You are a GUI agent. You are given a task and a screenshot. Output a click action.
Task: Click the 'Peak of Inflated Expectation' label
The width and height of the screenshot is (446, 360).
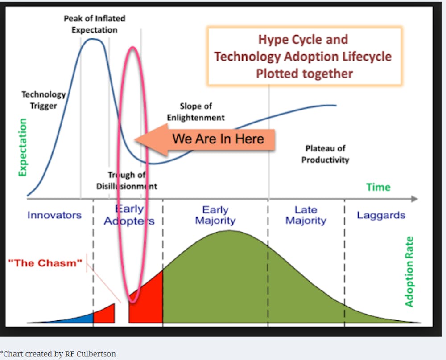95,24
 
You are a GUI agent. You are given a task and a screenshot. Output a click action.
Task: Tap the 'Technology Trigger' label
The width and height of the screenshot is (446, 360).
44,100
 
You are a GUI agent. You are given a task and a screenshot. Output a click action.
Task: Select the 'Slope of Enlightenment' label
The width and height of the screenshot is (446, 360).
196,112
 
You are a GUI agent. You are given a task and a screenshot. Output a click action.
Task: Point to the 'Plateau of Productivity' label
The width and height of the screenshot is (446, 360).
325,154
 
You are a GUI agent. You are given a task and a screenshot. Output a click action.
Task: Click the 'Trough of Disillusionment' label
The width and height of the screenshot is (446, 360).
127,180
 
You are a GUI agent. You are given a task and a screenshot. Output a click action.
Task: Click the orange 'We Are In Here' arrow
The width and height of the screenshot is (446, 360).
205,139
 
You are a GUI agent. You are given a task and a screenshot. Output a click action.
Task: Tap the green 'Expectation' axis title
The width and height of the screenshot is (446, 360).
22,147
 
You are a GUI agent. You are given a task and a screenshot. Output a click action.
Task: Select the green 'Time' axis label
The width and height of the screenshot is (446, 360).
378,187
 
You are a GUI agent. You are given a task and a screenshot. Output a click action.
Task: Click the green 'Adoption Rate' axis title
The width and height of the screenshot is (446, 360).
409,272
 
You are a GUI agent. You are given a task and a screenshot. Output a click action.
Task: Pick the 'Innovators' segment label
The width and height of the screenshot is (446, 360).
54,215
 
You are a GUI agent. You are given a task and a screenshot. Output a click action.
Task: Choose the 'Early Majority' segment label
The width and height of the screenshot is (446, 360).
215,215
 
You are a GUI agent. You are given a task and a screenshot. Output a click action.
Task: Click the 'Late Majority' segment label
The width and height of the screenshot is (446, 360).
306,215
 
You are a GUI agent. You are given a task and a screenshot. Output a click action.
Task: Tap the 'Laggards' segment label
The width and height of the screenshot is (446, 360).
381,215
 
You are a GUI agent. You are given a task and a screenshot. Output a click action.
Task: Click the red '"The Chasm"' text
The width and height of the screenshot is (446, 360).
45,263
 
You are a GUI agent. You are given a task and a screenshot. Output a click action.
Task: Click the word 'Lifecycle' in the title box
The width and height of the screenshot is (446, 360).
367,56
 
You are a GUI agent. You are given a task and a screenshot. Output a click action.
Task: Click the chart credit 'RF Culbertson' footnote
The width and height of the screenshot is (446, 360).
91,354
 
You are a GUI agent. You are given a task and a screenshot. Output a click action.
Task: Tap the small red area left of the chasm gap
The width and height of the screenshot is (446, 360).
104,315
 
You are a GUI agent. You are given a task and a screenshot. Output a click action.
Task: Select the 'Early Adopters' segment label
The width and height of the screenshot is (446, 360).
129,215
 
